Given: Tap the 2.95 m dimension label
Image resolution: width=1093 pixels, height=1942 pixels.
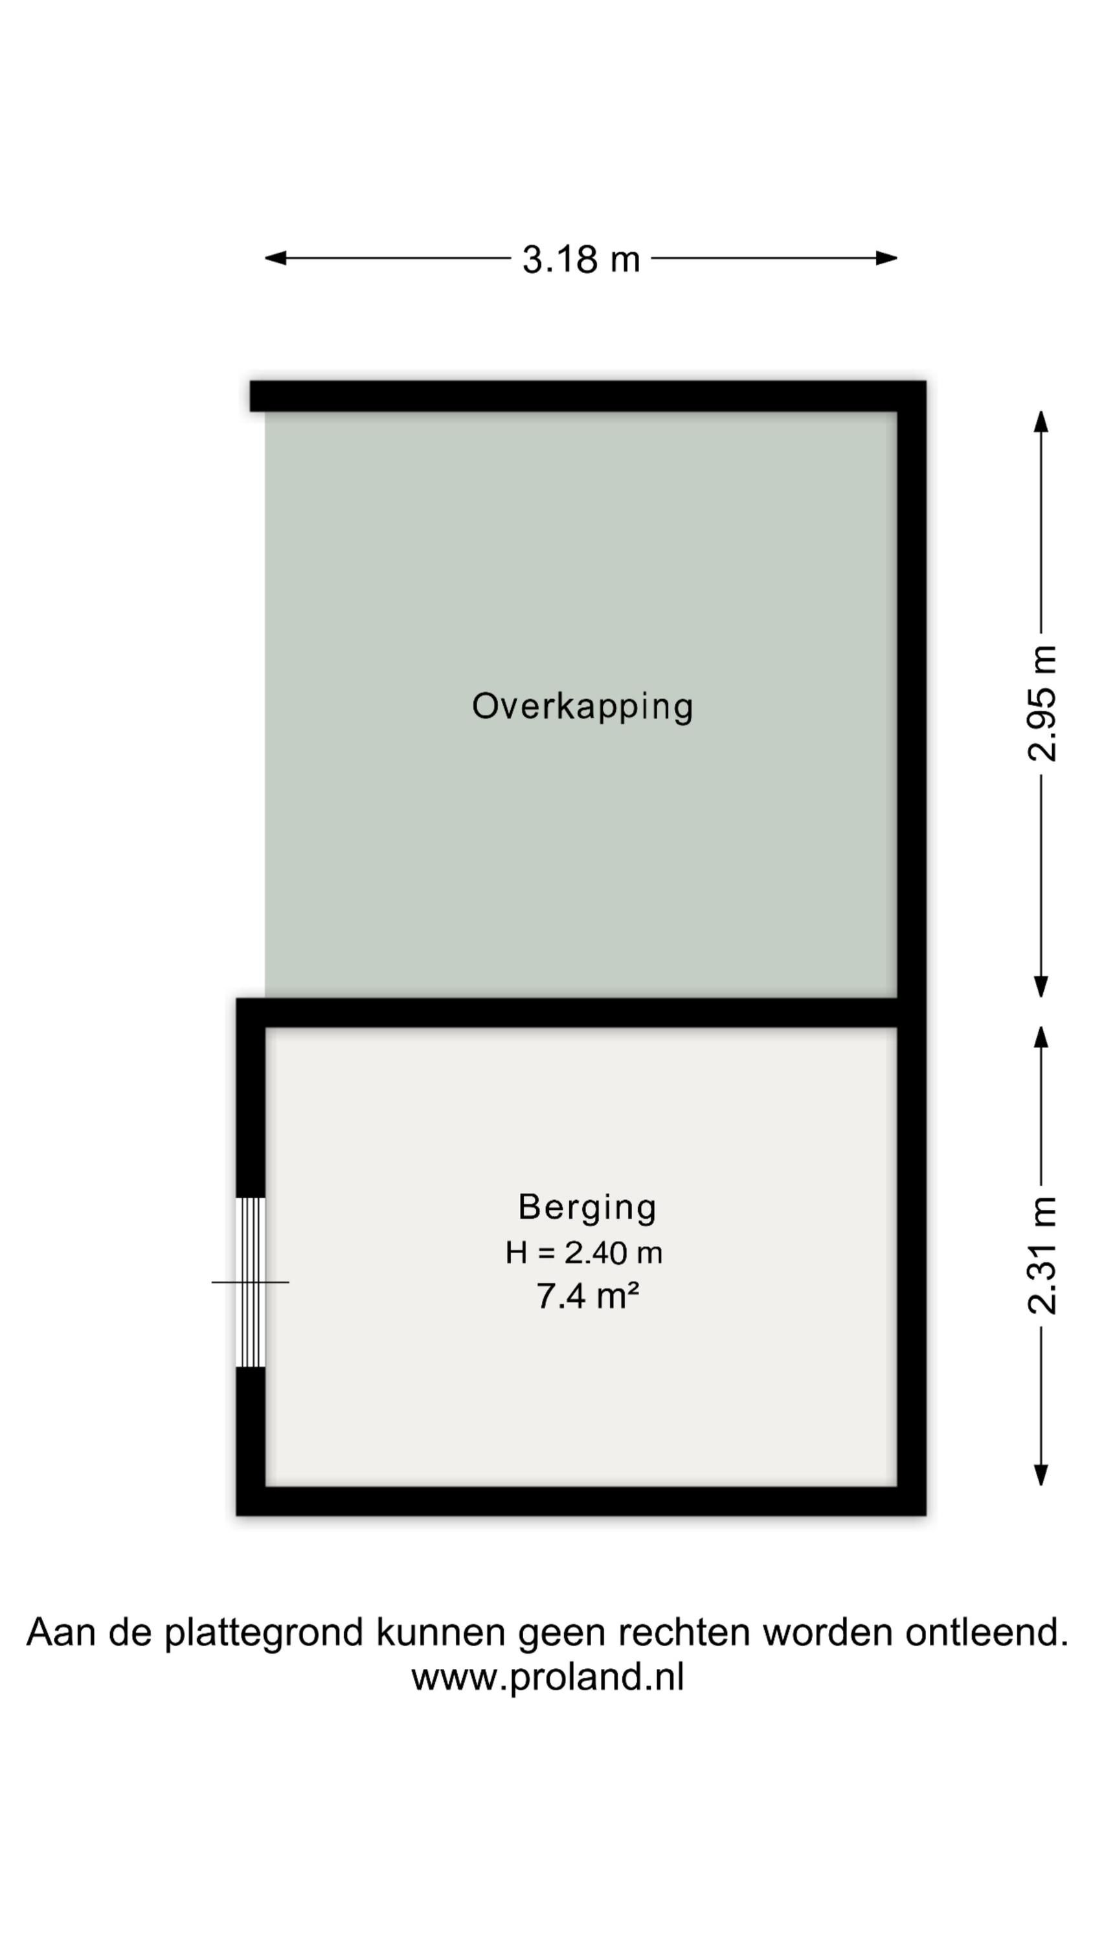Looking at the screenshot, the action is [1042, 704].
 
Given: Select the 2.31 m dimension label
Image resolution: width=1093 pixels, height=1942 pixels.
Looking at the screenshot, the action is [1042, 1255].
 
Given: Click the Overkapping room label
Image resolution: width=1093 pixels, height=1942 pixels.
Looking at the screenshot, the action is [582, 707].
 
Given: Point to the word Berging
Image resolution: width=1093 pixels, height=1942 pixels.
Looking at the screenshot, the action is [587, 1208].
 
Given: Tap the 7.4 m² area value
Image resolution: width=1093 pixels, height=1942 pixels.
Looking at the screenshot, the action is [587, 1297].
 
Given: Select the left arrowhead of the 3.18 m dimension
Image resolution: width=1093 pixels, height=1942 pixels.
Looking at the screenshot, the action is [275, 258].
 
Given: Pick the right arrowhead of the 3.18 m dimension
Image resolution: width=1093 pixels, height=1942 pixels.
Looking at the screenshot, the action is [886, 258].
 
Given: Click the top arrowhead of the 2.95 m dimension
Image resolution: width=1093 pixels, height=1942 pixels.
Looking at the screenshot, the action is [1041, 421].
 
